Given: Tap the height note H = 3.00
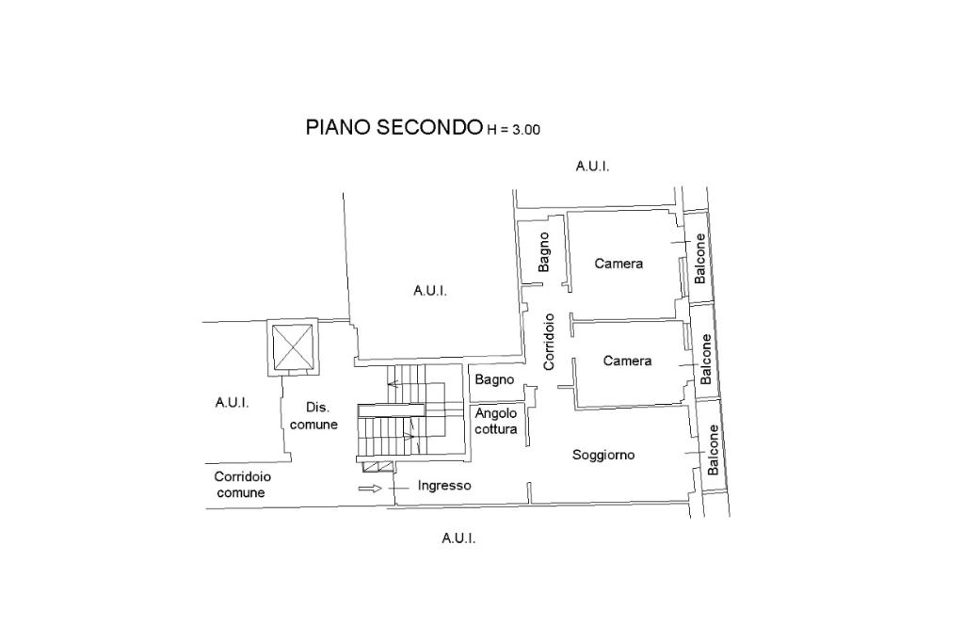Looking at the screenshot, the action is (513, 131).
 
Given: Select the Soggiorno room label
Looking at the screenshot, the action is (603, 455).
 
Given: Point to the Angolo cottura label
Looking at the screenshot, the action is (496, 421).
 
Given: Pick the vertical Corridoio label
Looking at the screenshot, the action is (549, 340).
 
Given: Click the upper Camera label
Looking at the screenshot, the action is (619, 264).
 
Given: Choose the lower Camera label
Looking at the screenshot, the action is (627, 361).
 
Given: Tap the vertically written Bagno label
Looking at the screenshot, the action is (544, 251).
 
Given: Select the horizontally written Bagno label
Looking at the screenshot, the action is (494, 380).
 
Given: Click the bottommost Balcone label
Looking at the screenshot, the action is (713, 450).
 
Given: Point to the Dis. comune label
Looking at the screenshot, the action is (313, 416).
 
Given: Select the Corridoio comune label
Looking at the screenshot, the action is (242, 484).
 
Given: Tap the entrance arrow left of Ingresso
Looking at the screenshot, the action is (371, 488).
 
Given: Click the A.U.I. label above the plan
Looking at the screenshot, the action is (592, 166).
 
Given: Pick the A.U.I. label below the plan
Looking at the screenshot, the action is (458, 538).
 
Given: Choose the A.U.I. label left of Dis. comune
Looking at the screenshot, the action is (232, 402).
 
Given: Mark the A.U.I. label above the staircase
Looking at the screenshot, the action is (429, 291).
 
